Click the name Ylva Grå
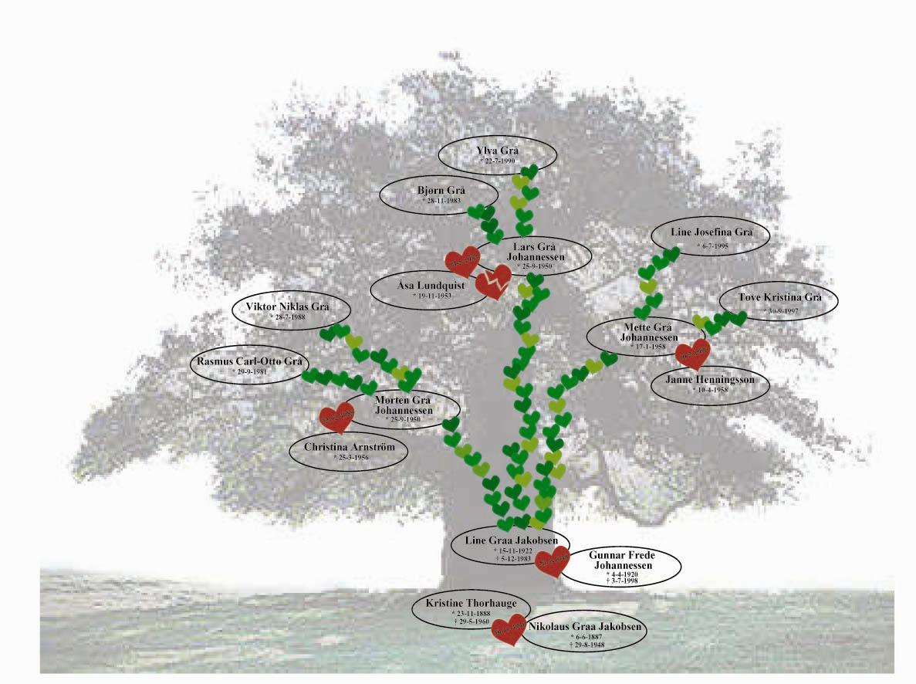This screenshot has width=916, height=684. coord(497,150)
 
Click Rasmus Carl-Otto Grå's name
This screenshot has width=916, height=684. coord(248,361)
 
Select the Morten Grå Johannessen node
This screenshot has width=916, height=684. coord(401,406)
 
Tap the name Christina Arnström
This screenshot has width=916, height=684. coord(350,448)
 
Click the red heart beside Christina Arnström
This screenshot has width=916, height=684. coord(336,418)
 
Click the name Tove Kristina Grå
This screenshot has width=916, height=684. coord(777,298)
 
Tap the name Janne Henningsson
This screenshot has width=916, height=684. coord(712,380)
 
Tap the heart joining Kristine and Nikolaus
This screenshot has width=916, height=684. coord(509,629)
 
